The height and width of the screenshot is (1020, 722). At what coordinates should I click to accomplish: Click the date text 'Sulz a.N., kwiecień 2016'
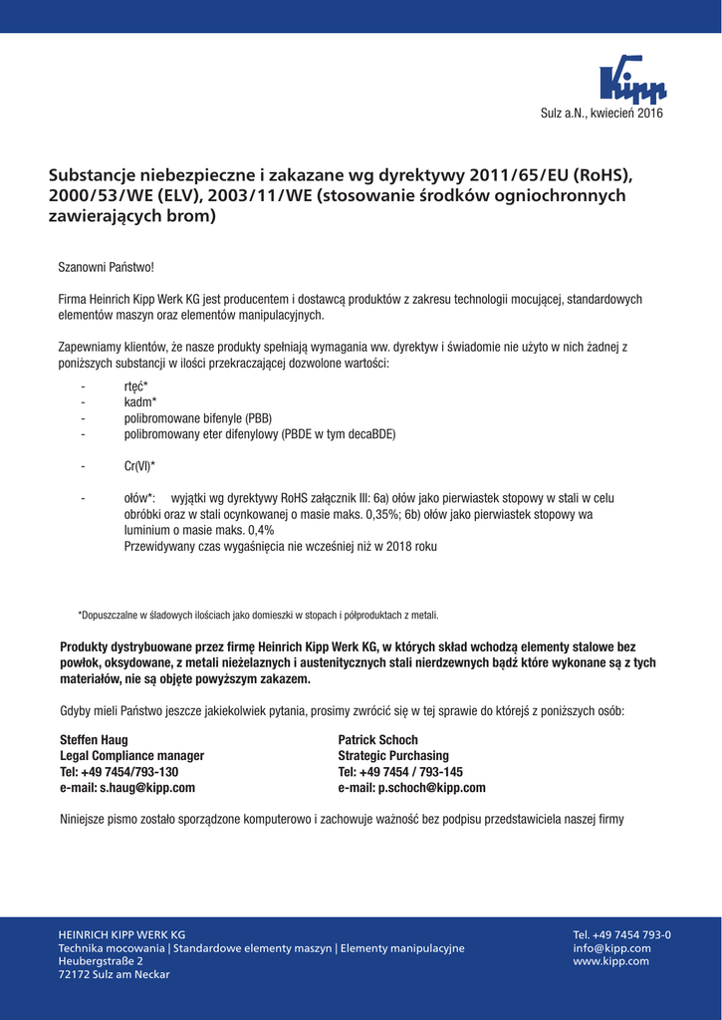coord(601,114)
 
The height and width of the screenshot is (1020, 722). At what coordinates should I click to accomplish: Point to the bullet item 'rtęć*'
coord(136,386)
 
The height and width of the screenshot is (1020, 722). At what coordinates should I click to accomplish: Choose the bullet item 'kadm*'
coord(140,402)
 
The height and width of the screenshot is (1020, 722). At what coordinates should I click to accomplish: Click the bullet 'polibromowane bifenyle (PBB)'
coord(198,418)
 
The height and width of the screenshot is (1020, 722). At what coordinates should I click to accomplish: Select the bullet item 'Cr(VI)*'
coord(140,465)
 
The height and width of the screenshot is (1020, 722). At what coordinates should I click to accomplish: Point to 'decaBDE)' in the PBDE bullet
coord(373,434)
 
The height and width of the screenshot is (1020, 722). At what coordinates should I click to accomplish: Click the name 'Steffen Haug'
coord(94,740)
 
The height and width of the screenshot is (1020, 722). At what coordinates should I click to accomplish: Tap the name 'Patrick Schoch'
coord(377,740)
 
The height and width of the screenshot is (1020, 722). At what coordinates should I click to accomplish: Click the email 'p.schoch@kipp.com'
coord(431,787)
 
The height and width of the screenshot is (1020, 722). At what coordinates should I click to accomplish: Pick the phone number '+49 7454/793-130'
coord(129,772)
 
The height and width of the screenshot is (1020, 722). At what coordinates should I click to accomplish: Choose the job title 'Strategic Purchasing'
coord(393,756)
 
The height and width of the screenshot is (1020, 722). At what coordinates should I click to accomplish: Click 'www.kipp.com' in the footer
coord(610,961)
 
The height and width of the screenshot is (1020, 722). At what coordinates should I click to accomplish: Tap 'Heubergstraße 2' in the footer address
coord(101,961)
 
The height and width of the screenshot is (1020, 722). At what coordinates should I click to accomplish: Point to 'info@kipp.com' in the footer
coord(611,948)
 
